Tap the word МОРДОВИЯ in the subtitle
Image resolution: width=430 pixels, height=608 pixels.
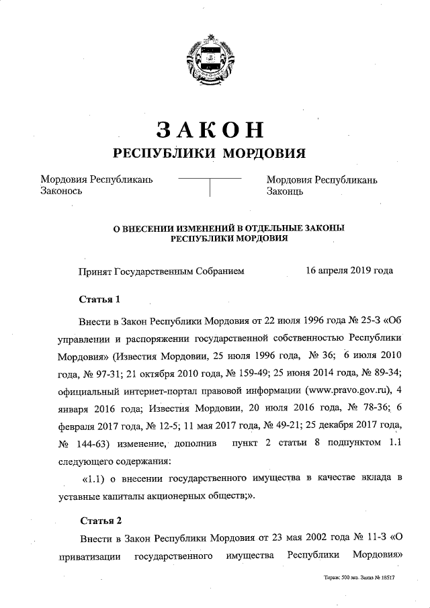pos(264,153)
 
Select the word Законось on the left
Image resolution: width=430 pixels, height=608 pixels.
pos(61,191)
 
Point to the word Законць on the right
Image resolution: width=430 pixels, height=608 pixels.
pos(286,191)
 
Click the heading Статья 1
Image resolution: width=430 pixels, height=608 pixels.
pos(99,298)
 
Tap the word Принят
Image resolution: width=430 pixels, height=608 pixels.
pos(94,271)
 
